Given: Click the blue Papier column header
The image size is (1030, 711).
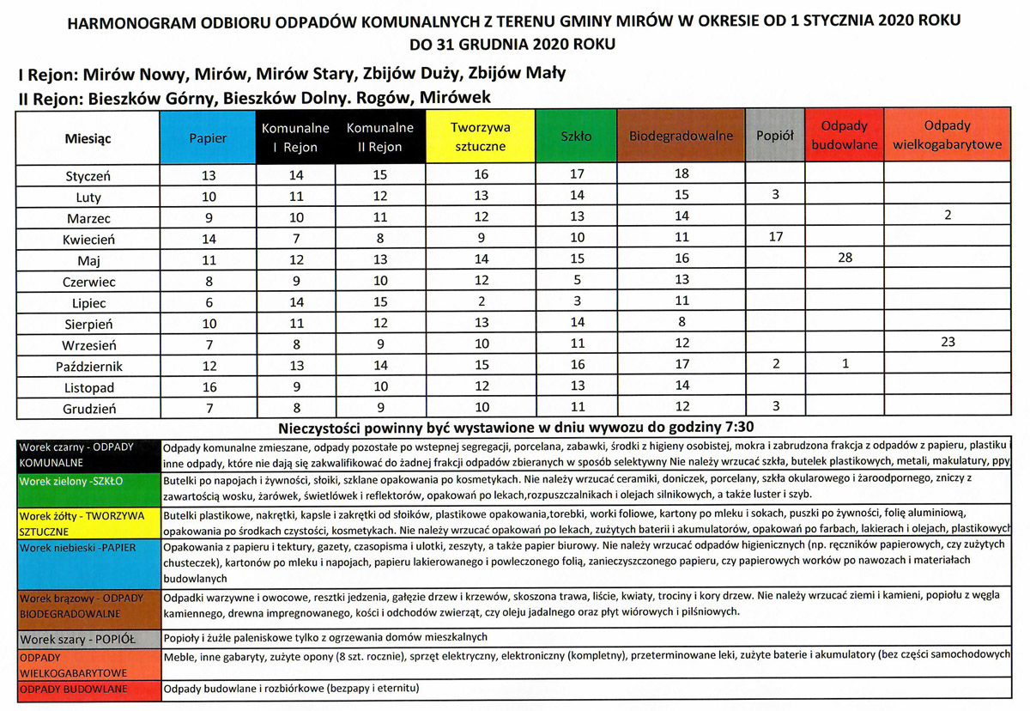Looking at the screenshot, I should click(208, 137).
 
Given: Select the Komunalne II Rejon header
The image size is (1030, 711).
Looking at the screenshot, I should click(380, 137).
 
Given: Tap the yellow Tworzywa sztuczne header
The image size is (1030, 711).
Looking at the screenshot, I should click(481, 137).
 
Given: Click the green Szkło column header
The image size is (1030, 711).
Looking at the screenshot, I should click(576, 137).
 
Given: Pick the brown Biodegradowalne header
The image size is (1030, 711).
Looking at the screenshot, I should click(682, 137).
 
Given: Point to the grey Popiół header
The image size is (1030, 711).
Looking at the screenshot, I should click(775, 137).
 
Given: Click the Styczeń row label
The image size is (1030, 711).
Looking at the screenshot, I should click(88, 176).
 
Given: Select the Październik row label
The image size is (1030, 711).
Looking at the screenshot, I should click(88, 366).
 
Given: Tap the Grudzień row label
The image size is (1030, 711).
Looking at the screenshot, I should click(88, 408).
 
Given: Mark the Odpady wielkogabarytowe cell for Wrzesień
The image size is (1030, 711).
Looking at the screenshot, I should click(947, 343).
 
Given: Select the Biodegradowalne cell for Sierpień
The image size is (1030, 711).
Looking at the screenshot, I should click(682, 323).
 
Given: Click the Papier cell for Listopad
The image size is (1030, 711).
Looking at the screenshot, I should click(208, 387).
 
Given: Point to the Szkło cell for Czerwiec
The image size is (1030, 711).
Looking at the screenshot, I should click(576, 281).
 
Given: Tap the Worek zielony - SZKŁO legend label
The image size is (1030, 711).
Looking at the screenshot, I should click(72, 481).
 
